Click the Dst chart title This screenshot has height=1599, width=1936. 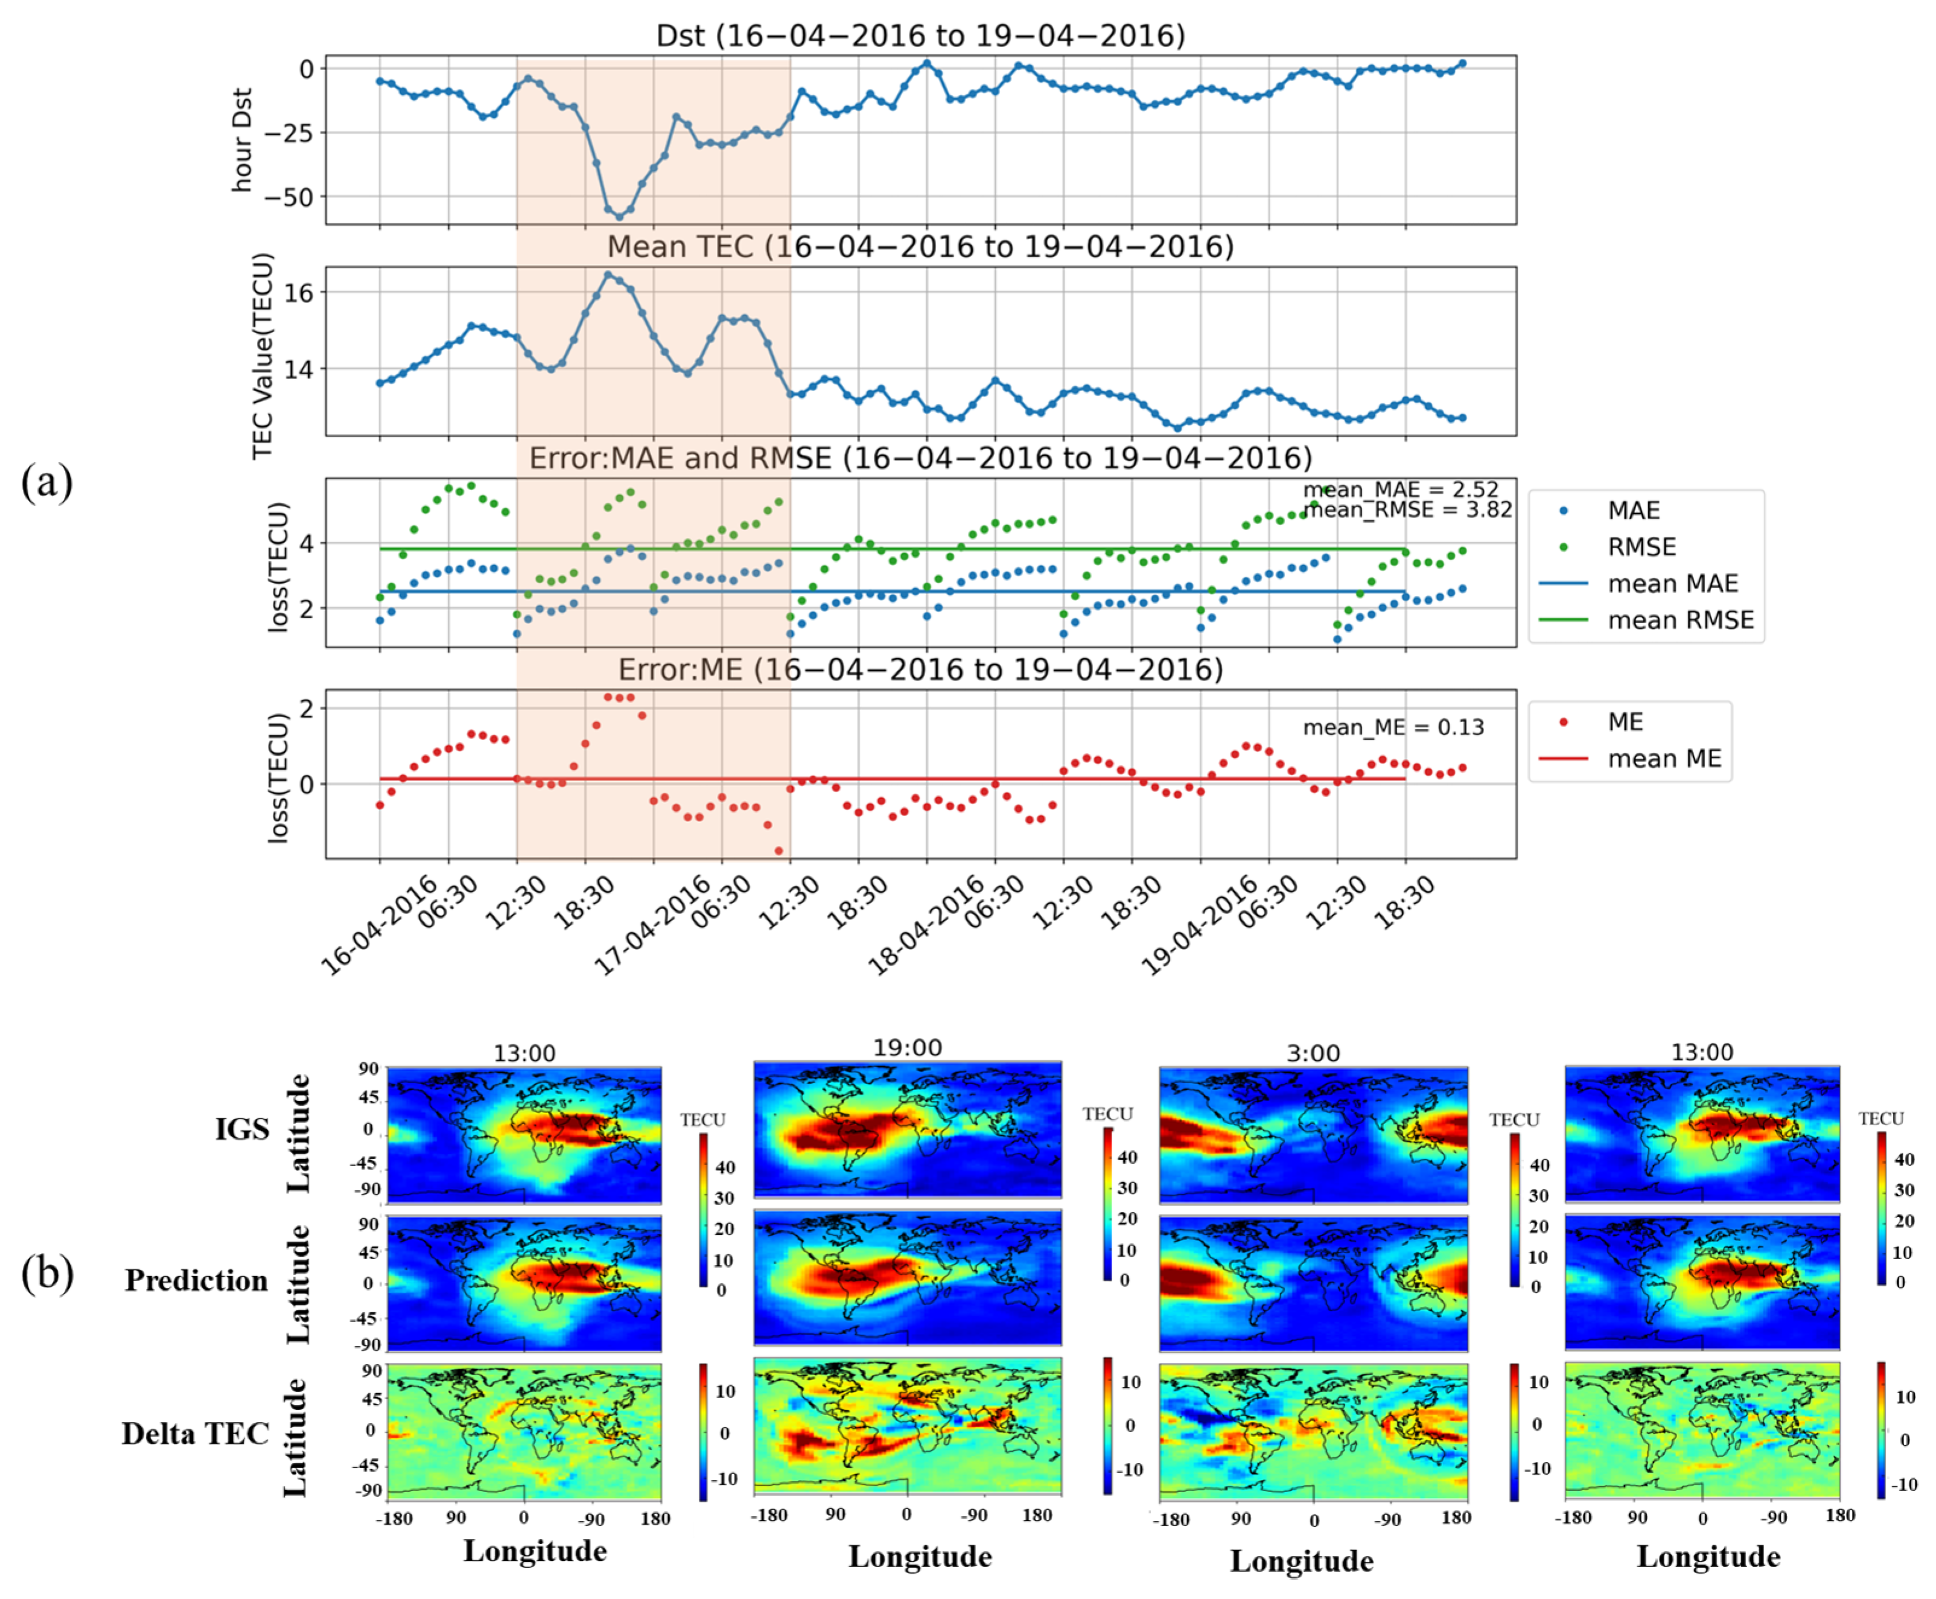tap(919, 36)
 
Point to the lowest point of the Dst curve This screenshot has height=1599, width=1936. tap(619, 217)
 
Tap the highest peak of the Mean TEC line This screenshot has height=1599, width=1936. tap(608, 275)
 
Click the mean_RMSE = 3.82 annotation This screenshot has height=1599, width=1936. tap(1407, 510)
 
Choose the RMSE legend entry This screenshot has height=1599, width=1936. tap(1641, 547)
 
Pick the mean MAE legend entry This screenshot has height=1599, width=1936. tap(1672, 584)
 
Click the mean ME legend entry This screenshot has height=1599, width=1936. tap(1663, 759)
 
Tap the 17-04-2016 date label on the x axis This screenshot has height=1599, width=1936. tap(649, 926)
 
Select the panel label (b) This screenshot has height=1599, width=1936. tap(46, 1274)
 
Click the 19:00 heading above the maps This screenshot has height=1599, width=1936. tap(907, 1048)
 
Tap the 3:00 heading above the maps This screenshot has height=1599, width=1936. tap(1313, 1053)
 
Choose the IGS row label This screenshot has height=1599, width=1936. tap(242, 1129)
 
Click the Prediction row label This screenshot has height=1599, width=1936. tap(196, 1280)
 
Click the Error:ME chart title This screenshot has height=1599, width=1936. tap(919, 669)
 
